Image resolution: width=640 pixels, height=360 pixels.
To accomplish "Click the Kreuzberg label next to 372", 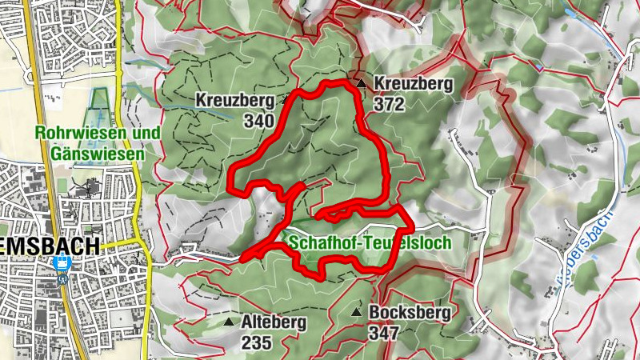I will coord(413,83).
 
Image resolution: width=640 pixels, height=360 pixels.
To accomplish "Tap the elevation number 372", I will coord(387,103).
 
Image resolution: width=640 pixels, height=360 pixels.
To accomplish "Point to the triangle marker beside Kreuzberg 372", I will coord(362,82).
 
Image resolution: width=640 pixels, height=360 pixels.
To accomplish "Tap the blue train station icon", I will coord(60,263).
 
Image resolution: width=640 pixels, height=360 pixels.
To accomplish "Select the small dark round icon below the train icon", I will coord(61,279).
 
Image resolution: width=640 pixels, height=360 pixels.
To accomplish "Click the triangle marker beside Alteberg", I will coord(230,322).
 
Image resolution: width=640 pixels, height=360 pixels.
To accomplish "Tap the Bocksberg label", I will coord(410,312).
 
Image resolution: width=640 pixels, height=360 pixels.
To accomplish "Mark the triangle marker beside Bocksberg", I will coord(358,311).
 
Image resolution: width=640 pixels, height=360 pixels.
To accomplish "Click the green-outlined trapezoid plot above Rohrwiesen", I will coord(98,99).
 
